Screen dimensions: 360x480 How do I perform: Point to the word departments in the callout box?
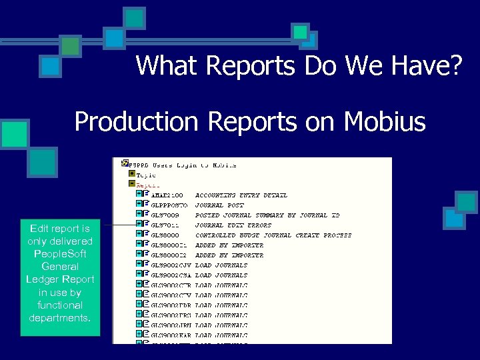point(60,317)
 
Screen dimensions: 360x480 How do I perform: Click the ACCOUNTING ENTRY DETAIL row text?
point(241,195)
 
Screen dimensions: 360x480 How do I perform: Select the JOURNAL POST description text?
point(219,205)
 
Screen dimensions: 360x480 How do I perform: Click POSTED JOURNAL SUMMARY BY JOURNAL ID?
point(267,215)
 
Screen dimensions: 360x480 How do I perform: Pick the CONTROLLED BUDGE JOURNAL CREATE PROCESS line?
point(273,235)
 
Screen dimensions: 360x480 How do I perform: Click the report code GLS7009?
point(166,215)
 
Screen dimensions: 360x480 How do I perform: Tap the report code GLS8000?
point(166,235)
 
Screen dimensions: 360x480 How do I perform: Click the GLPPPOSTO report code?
point(169,205)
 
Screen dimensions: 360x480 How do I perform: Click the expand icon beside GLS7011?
point(138,224)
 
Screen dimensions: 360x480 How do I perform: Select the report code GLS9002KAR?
point(171,335)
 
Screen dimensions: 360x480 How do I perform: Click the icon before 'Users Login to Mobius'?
point(125,164)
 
